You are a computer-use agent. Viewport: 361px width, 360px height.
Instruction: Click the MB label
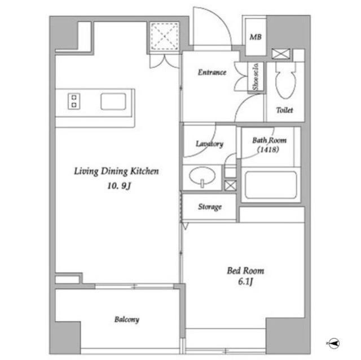click(256, 37)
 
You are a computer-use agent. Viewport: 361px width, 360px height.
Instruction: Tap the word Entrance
click(212, 72)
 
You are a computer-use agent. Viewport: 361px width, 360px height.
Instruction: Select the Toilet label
click(284, 110)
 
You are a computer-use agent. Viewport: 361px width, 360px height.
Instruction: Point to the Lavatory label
click(209, 144)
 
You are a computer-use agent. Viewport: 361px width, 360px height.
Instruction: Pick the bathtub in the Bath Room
click(271, 185)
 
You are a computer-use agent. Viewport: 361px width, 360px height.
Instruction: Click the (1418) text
click(268, 150)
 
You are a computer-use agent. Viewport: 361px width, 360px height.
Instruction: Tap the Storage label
click(210, 207)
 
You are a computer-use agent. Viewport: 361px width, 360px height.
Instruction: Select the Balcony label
click(127, 319)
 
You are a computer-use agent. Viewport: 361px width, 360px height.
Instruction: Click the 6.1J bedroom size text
click(245, 281)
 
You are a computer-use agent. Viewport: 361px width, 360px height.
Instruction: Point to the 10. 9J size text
click(119, 186)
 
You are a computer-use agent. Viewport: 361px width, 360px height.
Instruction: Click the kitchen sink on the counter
click(113, 101)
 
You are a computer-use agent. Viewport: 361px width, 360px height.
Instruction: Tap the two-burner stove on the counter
click(74, 101)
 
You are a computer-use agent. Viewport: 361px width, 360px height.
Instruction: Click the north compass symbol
click(333, 344)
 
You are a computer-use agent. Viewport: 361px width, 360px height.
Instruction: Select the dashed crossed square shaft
click(164, 36)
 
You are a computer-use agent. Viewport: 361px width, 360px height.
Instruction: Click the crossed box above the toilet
click(281, 54)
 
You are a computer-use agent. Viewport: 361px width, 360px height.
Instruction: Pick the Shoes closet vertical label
click(256, 77)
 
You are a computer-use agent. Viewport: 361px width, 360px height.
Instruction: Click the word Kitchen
click(144, 171)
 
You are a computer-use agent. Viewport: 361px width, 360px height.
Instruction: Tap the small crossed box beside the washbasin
click(230, 185)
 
